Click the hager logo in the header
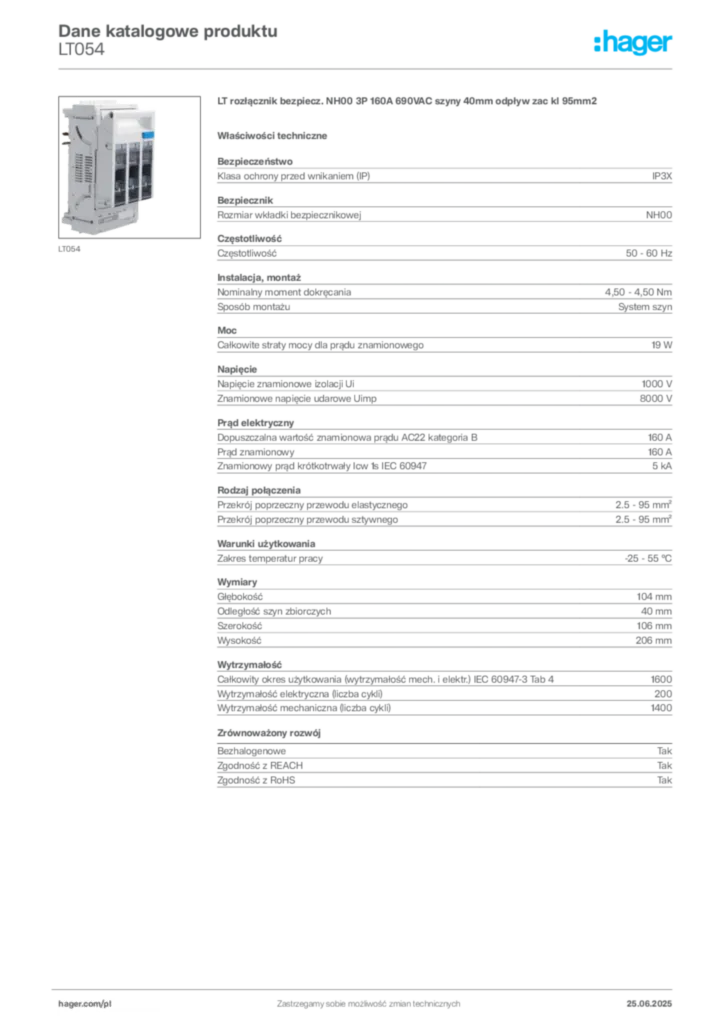(x=632, y=42)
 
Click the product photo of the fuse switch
(x=129, y=167)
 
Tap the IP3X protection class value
(x=661, y=176)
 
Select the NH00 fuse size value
(x=659, y=215)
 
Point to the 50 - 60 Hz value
(x=648, y=253)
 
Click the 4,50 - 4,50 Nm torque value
(x=638, y=293)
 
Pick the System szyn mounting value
(x=645, y=307)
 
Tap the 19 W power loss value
(x=661, y=345)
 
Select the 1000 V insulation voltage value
(x=657, y=384)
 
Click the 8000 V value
(x=655, y=398)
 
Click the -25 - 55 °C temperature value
(x=648, y=558)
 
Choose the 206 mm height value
(x=653, y=641)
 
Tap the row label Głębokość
(x=240, y=597)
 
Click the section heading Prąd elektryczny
(x=256, y=423)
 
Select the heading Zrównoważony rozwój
(x=269, y=733)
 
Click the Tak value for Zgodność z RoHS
(x=665, y=780)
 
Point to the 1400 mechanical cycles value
(x=661, y=708)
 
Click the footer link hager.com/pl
(x=85, y=1004)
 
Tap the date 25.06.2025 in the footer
(x=649, y=1004)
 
